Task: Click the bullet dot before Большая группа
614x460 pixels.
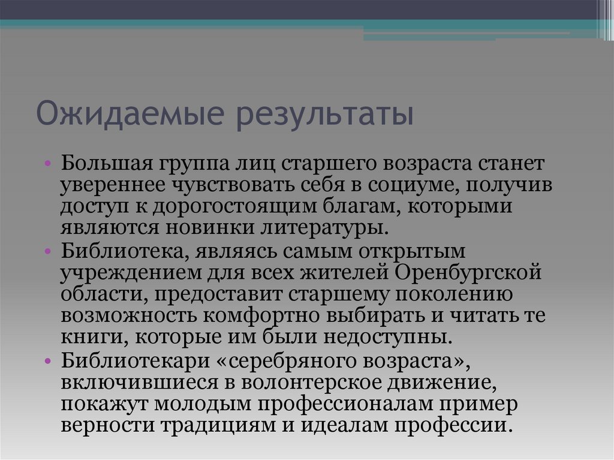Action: [49, 164]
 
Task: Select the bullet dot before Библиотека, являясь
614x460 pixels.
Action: [49, 248]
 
